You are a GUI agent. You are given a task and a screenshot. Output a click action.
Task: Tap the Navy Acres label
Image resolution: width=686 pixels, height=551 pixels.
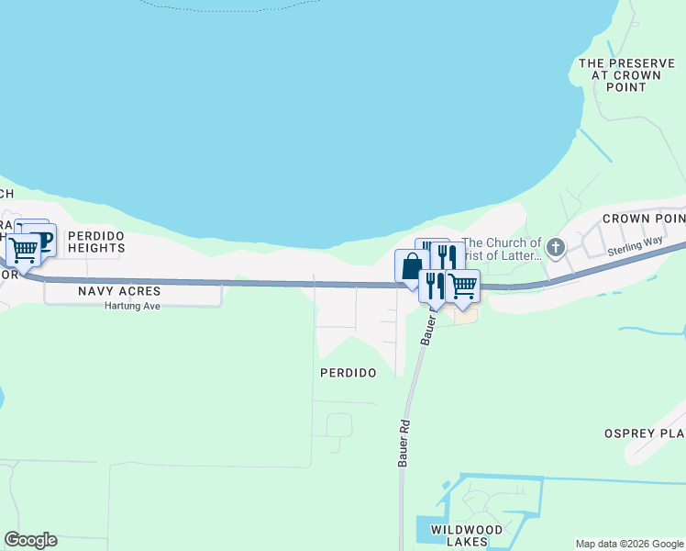(108, 290)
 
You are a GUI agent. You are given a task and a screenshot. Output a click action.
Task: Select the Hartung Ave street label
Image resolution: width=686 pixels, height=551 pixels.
(133, 306)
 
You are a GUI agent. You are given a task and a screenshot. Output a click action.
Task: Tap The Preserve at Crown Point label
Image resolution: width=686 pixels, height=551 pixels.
(614, 75)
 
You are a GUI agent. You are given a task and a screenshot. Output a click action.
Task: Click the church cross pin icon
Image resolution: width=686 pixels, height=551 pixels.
(555, 247)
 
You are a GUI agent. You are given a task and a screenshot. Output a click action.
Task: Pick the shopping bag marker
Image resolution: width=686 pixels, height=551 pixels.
(410, 266)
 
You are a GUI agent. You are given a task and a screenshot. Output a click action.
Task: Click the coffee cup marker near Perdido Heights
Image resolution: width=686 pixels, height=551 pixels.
(42, 239)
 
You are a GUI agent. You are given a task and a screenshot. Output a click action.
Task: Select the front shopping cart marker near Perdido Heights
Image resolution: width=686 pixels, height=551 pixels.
(23, 247)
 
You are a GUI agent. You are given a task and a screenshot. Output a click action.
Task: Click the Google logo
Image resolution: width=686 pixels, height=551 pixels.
(30, 540)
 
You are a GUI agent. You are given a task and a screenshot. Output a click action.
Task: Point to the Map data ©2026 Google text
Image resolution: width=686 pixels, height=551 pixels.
(629, 544)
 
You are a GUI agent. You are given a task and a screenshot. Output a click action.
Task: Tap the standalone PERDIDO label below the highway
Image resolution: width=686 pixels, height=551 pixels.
(348, 373)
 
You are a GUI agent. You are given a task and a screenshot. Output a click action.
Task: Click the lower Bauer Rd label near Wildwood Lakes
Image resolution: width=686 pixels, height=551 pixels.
(402, 444)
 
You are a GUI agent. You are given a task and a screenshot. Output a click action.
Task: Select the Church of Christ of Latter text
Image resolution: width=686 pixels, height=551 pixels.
(503, 249)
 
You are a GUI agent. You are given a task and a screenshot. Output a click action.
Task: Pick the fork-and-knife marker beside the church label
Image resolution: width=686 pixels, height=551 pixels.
(447, 255)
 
